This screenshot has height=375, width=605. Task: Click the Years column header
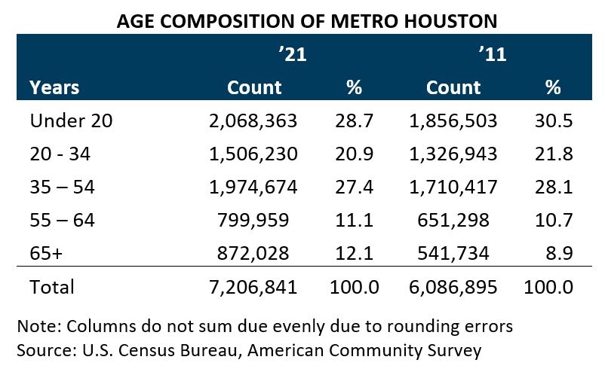pos(55,87)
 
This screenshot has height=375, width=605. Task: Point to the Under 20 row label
pos(71,121)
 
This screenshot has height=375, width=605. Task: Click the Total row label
pos(52,287)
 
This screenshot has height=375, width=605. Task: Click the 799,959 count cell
pos(262,221)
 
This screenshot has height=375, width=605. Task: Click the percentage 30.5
pos(557,121)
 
